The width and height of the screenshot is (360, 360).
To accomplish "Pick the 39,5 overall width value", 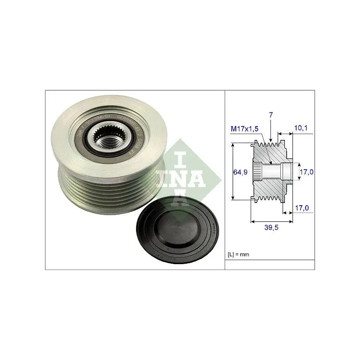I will pos(271,228).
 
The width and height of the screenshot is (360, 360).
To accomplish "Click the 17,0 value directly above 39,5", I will pos(301,208).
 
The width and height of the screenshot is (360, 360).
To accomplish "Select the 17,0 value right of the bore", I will pos(307,171).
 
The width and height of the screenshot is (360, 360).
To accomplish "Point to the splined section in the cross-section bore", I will pos(257,171).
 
